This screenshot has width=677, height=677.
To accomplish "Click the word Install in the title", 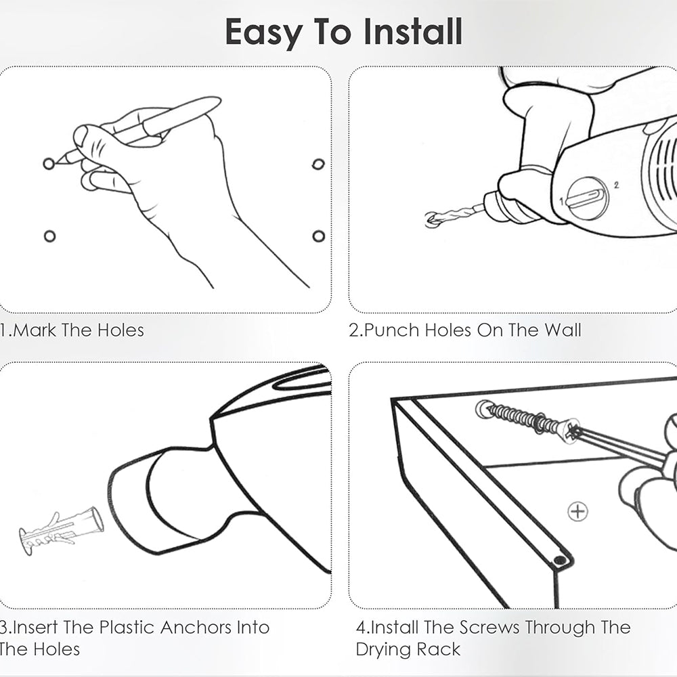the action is pyautogui.click(x=413, y=32).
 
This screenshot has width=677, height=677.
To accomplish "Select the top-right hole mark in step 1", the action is pyautogui.click(x=318, y=164).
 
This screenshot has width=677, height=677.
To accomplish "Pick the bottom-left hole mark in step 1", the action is pyautogui.click(x=49, y=236).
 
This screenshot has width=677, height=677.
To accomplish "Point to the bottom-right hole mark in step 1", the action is pyautogui.click(x=319, y=236).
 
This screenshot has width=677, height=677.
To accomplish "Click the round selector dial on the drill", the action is pyautogui.click(x=587, y=198).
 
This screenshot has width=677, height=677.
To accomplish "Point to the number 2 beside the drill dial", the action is pyautogui.click(x=616, y=185).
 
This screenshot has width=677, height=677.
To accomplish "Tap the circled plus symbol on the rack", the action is pyautogui.click(x=577, y=512).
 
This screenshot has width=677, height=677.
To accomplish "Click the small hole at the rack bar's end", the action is pyautogui.click(x=560, y=561).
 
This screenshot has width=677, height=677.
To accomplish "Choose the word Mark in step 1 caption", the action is pyautogui.click(x=35, y=330).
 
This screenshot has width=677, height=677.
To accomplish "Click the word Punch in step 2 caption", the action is pyautogui.click(x=392, y=330).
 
